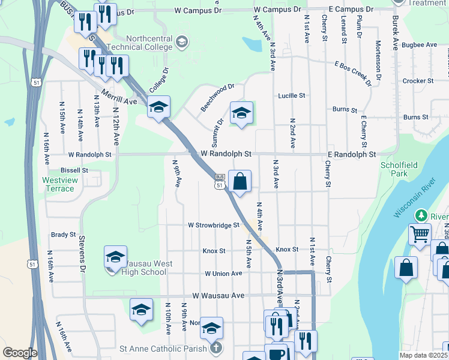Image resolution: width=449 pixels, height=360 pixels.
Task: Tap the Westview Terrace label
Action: click(58, 184)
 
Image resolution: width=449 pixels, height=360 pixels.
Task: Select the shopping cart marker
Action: click(420, 233)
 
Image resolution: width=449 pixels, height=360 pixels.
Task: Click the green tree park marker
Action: click(422, 215)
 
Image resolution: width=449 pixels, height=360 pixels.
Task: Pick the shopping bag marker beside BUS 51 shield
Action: click(240, 181)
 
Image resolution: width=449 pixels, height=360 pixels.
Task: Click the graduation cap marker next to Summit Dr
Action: click(241, 113)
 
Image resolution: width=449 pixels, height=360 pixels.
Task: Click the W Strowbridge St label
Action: click(213, 226)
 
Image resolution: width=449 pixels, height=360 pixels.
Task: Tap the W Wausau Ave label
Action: click(218, 295)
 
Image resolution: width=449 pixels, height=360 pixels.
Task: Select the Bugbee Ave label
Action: click(420, 45)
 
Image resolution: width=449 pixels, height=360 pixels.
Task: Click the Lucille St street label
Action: click(291, 95)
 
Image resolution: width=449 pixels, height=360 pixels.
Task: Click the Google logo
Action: click(20, 353)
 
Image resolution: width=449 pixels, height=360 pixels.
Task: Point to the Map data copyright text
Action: click(423, 355)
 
